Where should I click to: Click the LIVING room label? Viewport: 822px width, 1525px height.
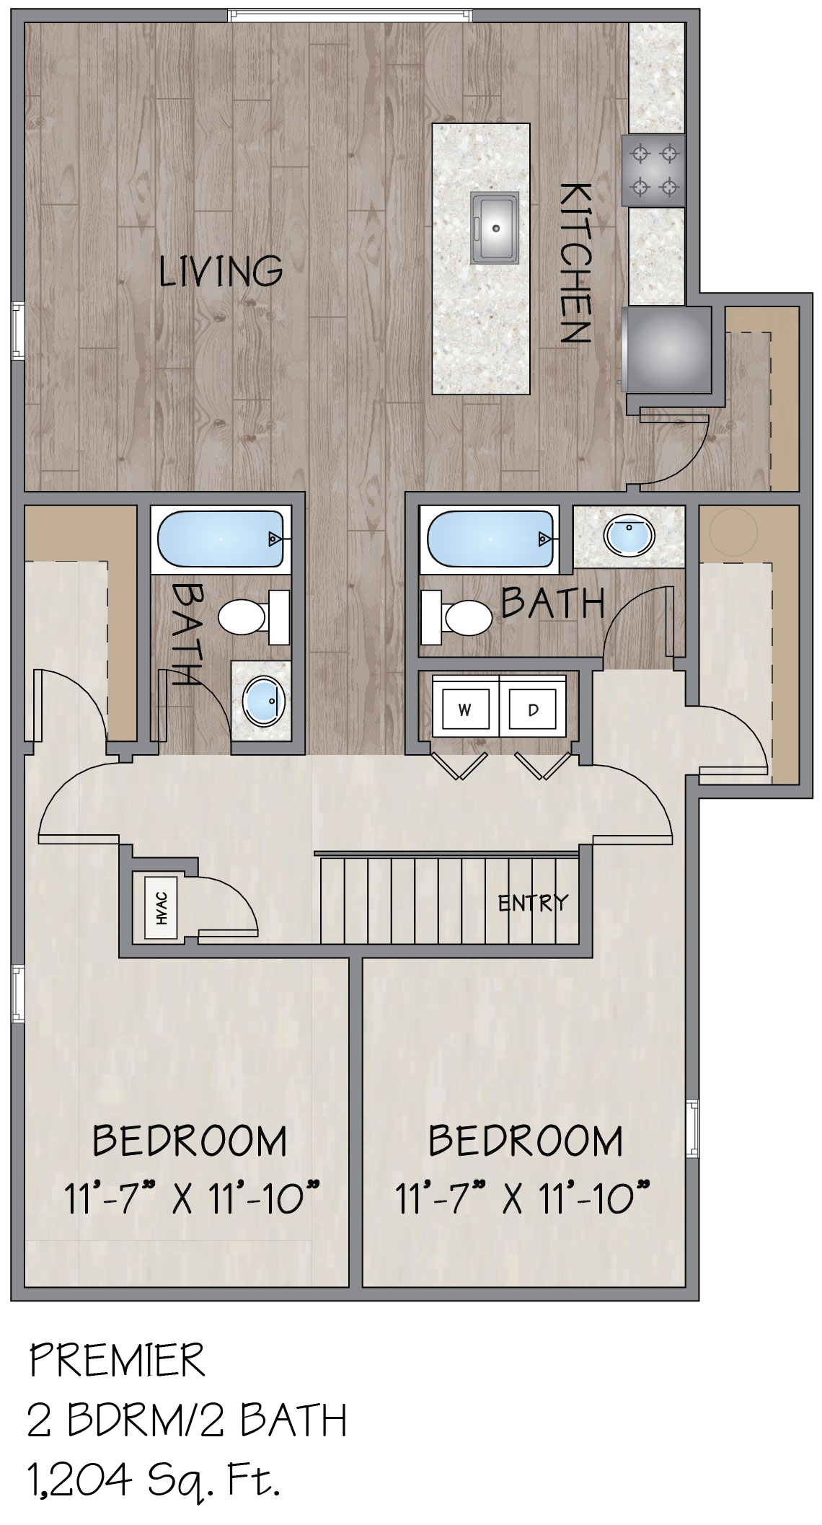click(x=221, y=271)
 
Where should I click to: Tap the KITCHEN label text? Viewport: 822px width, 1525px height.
click(x=575, y=262)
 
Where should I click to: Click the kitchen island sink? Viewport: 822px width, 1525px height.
click(x=495, y=227)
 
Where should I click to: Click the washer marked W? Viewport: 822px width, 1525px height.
click(x=465, y=710)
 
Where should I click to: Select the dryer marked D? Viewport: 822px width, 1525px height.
click(x=534, y=710)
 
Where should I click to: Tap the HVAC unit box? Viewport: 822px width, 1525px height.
click(x=162, y=908)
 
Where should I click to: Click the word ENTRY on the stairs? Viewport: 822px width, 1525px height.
click(x=533, y=902)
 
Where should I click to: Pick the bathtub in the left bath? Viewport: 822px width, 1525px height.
click(x=221, y=539)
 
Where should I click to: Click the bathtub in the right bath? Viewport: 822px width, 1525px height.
click(x=491, y=539)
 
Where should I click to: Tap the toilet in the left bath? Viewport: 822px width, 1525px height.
click(x=254, y=617)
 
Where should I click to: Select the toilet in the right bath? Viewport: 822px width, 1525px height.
click(x=456, y=616)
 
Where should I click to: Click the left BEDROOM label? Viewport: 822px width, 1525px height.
click(x=190, y=1141)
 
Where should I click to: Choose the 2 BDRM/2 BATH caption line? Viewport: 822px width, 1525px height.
click(x=187, y=1420)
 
